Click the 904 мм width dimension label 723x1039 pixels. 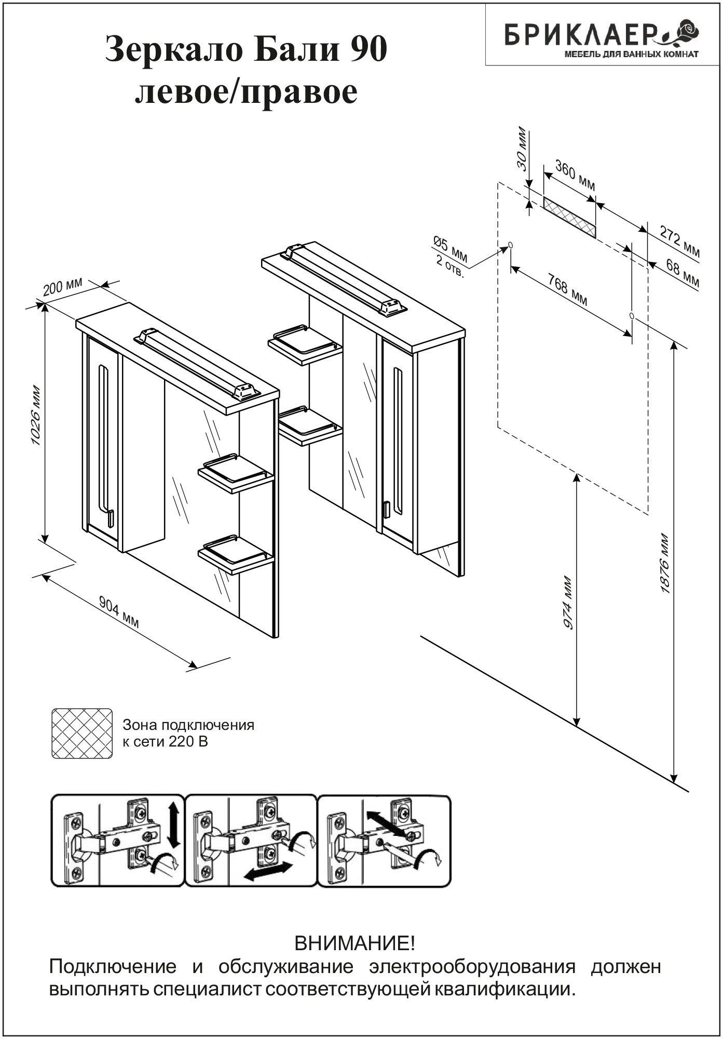[119, 612]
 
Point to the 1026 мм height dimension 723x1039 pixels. [36, 415]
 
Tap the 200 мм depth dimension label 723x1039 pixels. [62, 286]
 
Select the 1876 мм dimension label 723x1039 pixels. [665, 564]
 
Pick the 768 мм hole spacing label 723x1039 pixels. [568, 289]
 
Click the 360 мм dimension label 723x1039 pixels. [575, 176]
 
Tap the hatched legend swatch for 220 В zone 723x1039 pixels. [82, 733]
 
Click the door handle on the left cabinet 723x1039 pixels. [110, 518]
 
